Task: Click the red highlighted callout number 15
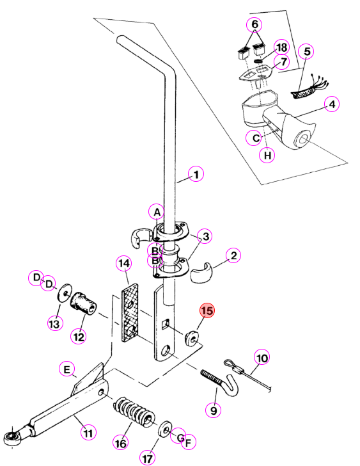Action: tap(207, 310)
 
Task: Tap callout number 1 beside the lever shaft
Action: tap(196, 174)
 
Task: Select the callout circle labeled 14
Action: tap(124, 263)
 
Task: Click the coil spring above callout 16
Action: tap(134, 412)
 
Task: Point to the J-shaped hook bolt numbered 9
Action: tap(221, 383)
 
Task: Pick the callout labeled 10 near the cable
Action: tap(262, 358)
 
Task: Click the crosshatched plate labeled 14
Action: tap(130, 312)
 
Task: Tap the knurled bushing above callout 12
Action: tap(83, 303)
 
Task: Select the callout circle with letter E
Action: tap(67, 369)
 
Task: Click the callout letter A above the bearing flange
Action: tap(157, 212)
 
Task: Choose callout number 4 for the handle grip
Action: tap(332, 104)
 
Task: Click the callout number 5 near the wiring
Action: tap(306, 51)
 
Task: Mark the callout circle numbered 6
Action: tap(254, 24)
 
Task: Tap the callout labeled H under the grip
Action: tap(267, 155)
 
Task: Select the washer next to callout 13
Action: tap(65, 293)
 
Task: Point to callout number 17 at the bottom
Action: tap(148, 458)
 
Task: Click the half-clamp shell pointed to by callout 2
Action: tap(201, 273)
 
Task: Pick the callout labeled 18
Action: tap(281, 47)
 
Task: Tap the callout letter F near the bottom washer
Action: tap(188, 442)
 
